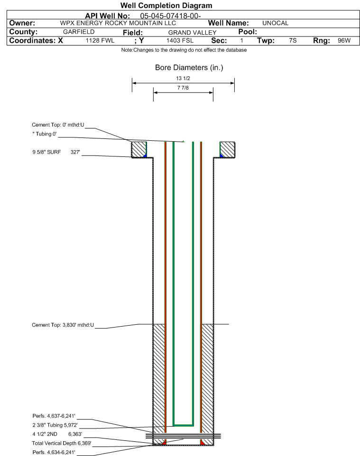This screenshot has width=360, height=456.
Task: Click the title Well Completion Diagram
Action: (166, 6)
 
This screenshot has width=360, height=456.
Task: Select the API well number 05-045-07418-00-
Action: (170, 16)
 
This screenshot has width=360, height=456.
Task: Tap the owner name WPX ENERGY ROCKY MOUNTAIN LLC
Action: (118, 23)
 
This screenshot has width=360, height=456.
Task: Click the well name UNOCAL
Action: (275, 23)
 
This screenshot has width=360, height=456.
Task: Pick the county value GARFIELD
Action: (79, 32)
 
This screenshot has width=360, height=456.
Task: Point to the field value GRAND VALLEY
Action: (193, 33)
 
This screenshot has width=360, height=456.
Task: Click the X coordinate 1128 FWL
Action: (100, 40)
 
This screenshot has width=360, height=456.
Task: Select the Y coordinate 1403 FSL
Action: (180, 40)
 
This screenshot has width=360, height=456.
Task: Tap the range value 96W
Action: (344, 40)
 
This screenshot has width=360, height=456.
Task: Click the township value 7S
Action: (293, 40)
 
